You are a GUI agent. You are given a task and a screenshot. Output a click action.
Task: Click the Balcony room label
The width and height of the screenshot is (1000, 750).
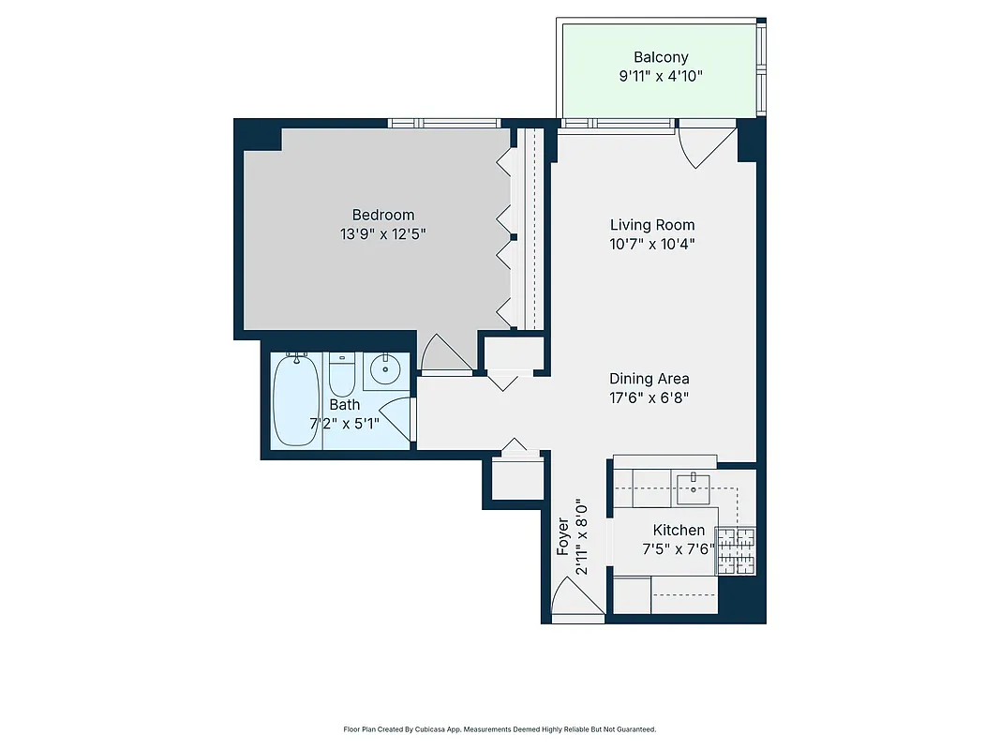[x=661, y=57]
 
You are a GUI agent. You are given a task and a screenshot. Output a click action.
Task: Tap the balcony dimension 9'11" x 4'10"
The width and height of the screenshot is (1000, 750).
[x=661, y=76]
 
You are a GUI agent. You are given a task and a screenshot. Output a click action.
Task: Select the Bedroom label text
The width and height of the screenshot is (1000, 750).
[x=382, y=215]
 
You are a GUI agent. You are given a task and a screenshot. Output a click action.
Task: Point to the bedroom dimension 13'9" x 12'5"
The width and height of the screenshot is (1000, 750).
[x=382, y=234]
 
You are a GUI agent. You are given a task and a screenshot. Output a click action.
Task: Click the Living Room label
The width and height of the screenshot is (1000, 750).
[x=652, y=225]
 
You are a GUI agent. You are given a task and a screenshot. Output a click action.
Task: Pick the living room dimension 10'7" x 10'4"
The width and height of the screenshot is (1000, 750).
[x=652, y=244]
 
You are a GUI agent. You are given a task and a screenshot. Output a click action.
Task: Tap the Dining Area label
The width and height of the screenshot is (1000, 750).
[x=649, y=379]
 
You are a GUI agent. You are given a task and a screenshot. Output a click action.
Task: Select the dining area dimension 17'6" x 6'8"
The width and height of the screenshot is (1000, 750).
[x=649, y=397]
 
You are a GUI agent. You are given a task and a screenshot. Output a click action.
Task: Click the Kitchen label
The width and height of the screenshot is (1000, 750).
[x=679, y=530]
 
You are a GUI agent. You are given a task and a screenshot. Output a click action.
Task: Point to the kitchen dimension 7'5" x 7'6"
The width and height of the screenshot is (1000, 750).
[x=679, y=549]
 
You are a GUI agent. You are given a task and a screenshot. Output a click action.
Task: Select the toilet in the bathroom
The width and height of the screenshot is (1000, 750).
[x=340, y=375]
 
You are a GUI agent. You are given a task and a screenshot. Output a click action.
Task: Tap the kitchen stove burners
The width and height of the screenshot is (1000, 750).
[x=737, y=552]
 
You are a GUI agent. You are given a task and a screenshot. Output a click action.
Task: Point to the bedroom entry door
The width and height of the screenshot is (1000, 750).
[x=443, y=354]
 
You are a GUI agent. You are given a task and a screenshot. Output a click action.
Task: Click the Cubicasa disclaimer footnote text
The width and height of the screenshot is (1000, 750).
[x=500, y=728]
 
